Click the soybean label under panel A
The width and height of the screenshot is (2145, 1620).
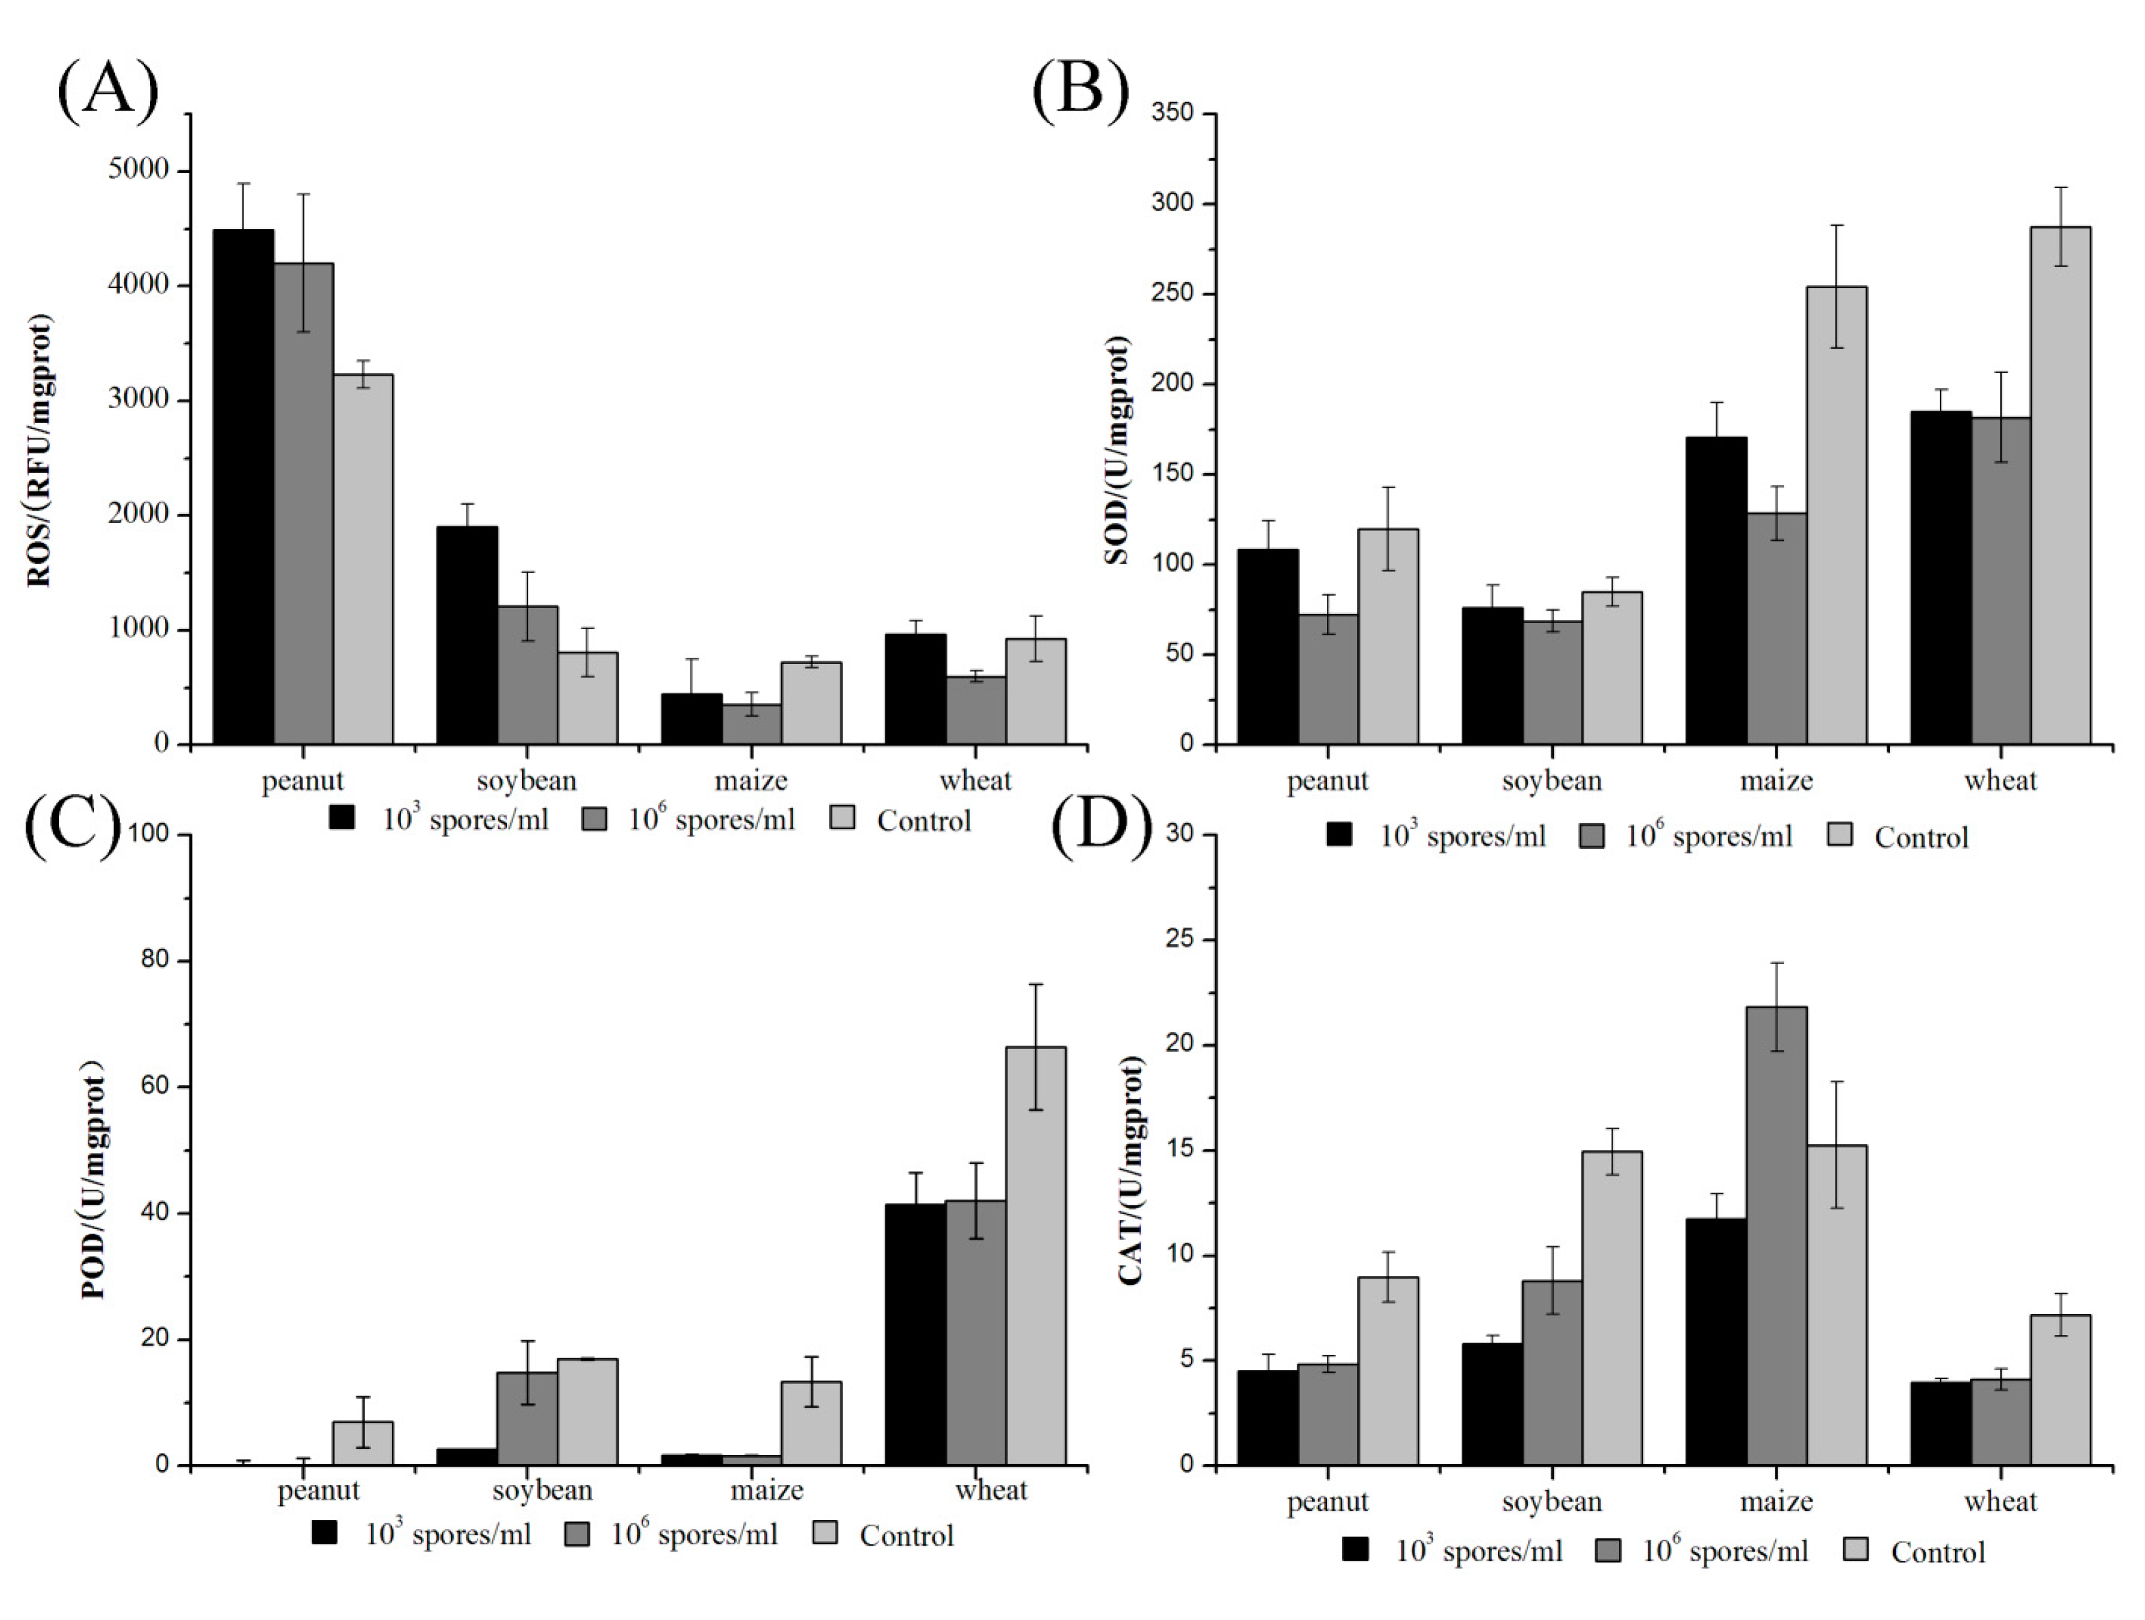[x=527, y=780]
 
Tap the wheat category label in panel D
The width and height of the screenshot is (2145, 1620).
[x=2000, y=1502]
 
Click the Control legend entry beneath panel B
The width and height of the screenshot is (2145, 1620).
[x=1920, y=837]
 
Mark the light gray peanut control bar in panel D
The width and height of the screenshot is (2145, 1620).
[x=1387, y=1371]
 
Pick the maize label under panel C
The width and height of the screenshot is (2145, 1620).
[x=766, y=1489]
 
